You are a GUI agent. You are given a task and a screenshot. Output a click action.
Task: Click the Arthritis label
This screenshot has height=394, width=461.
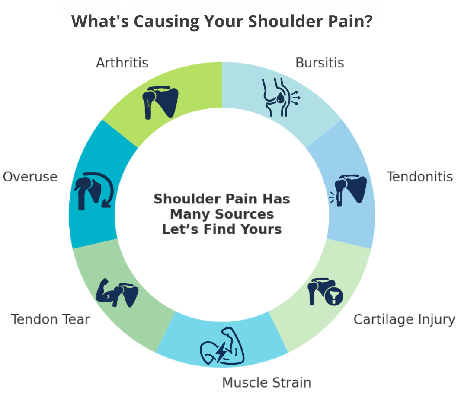click(x=122, y=63)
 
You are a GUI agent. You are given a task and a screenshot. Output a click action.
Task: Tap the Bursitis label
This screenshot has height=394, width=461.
click(x=320, y=63)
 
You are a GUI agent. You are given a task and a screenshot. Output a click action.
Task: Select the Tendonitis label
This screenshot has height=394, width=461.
click(x=419, y=177)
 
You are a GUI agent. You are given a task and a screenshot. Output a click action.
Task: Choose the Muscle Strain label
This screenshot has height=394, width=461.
click(x=266, y=382)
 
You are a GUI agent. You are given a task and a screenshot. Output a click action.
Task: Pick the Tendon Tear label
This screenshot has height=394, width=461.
click(x=50, y=319)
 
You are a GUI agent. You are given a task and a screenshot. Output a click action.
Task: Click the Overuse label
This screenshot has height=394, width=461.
click(x=30, y=177)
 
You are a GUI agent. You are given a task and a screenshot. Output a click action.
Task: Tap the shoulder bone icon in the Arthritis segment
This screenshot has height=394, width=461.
click(x=160, y=102)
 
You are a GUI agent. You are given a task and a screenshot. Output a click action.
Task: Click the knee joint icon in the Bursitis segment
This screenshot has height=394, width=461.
click(x=281, y=97)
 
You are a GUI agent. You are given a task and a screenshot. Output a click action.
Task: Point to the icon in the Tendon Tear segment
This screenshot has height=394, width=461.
click(x=117, y=293)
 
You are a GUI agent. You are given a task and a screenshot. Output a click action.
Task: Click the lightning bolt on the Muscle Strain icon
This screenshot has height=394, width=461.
click(x=221, y=351)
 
